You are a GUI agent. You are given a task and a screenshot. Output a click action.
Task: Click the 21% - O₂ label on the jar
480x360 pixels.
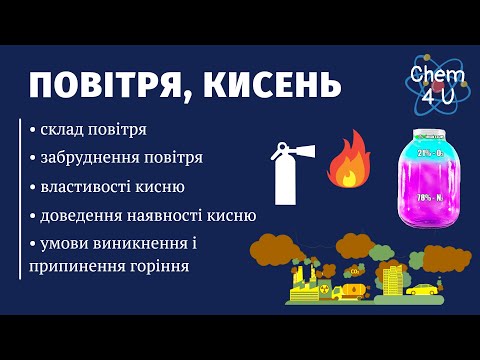point(431,152)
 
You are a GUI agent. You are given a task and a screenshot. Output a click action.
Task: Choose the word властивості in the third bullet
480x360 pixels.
point(88,186)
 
